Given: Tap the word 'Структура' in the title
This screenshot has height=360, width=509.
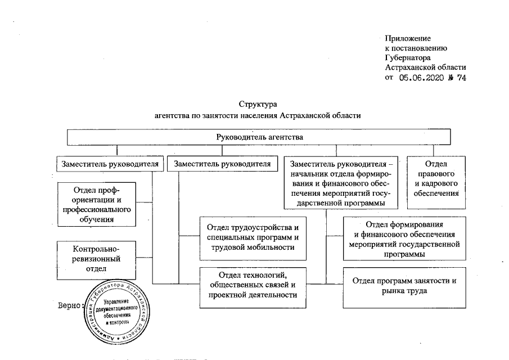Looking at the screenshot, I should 258,105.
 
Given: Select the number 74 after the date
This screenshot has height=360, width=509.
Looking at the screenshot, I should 461,78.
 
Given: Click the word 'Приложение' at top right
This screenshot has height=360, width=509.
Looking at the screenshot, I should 408,39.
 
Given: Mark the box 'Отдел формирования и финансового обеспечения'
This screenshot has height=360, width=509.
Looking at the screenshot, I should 404,238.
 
